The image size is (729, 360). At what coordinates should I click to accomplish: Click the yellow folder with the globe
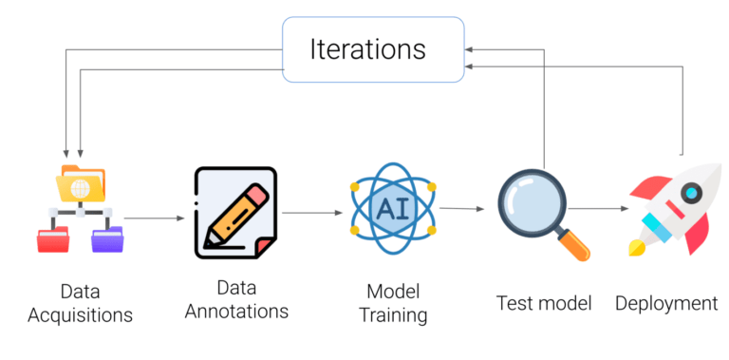click(80, 184)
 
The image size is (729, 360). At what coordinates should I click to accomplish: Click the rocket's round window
click(690, 192)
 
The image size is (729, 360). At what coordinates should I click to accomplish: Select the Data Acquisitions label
click(80, 302)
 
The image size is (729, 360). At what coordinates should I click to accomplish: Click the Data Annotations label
click(236, 299)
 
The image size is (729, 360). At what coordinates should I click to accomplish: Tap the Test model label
click(544, 303)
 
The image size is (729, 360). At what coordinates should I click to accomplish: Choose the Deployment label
click(666, 303)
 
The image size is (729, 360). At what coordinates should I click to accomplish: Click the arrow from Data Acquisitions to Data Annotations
click(154, 218)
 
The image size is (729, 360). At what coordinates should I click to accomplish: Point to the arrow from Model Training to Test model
click(459, 209)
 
